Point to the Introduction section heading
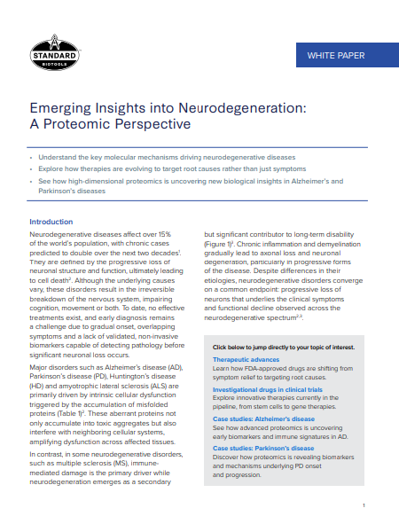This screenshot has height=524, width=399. [x=52, y=222]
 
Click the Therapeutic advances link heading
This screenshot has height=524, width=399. [x=246, y=360]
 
